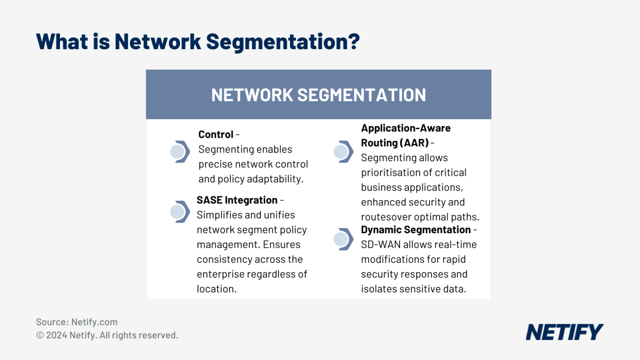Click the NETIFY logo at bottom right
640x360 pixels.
564,332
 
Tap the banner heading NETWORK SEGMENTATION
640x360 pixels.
318,95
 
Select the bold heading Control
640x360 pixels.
215,135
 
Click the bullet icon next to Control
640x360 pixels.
180,152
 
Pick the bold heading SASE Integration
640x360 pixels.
237,200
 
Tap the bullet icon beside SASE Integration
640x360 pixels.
180,212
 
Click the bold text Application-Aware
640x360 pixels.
405,128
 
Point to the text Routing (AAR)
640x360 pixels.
395,143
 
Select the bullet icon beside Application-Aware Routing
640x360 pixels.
343,152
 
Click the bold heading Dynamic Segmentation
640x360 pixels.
415,230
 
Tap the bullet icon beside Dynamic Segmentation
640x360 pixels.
343,239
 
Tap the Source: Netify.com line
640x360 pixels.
77,322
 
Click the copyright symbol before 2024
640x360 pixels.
40,335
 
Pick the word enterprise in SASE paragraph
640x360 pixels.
220,274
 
